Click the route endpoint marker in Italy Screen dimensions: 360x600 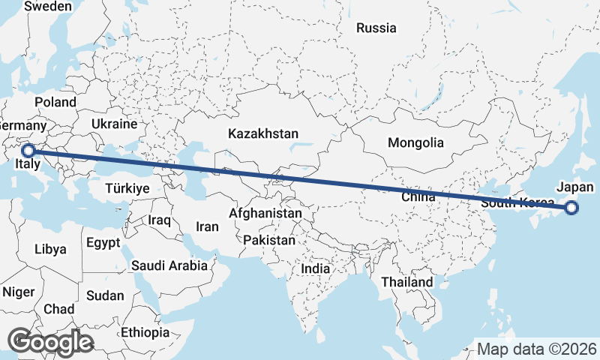point(28,151)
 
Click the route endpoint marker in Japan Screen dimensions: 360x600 point(571,208)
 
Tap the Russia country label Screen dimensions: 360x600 point(376,28)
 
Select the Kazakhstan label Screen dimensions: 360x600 point(263,133)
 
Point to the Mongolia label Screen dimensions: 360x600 point(415,142)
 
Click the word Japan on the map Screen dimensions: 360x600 point(575,188)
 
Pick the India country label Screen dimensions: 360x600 point(316,268)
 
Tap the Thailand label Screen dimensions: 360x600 point(406,282)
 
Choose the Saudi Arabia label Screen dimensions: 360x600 point(169,265)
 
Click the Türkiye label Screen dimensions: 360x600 point(127,188)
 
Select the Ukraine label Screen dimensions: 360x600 point(114,124)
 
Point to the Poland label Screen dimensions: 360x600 point(55,102)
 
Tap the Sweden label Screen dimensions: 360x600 point(48,7)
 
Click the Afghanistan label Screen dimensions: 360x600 point(265,214)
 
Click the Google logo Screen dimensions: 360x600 point(50,342)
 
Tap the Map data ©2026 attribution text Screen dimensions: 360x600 point(536,349)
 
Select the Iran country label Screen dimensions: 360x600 point(207,226)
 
